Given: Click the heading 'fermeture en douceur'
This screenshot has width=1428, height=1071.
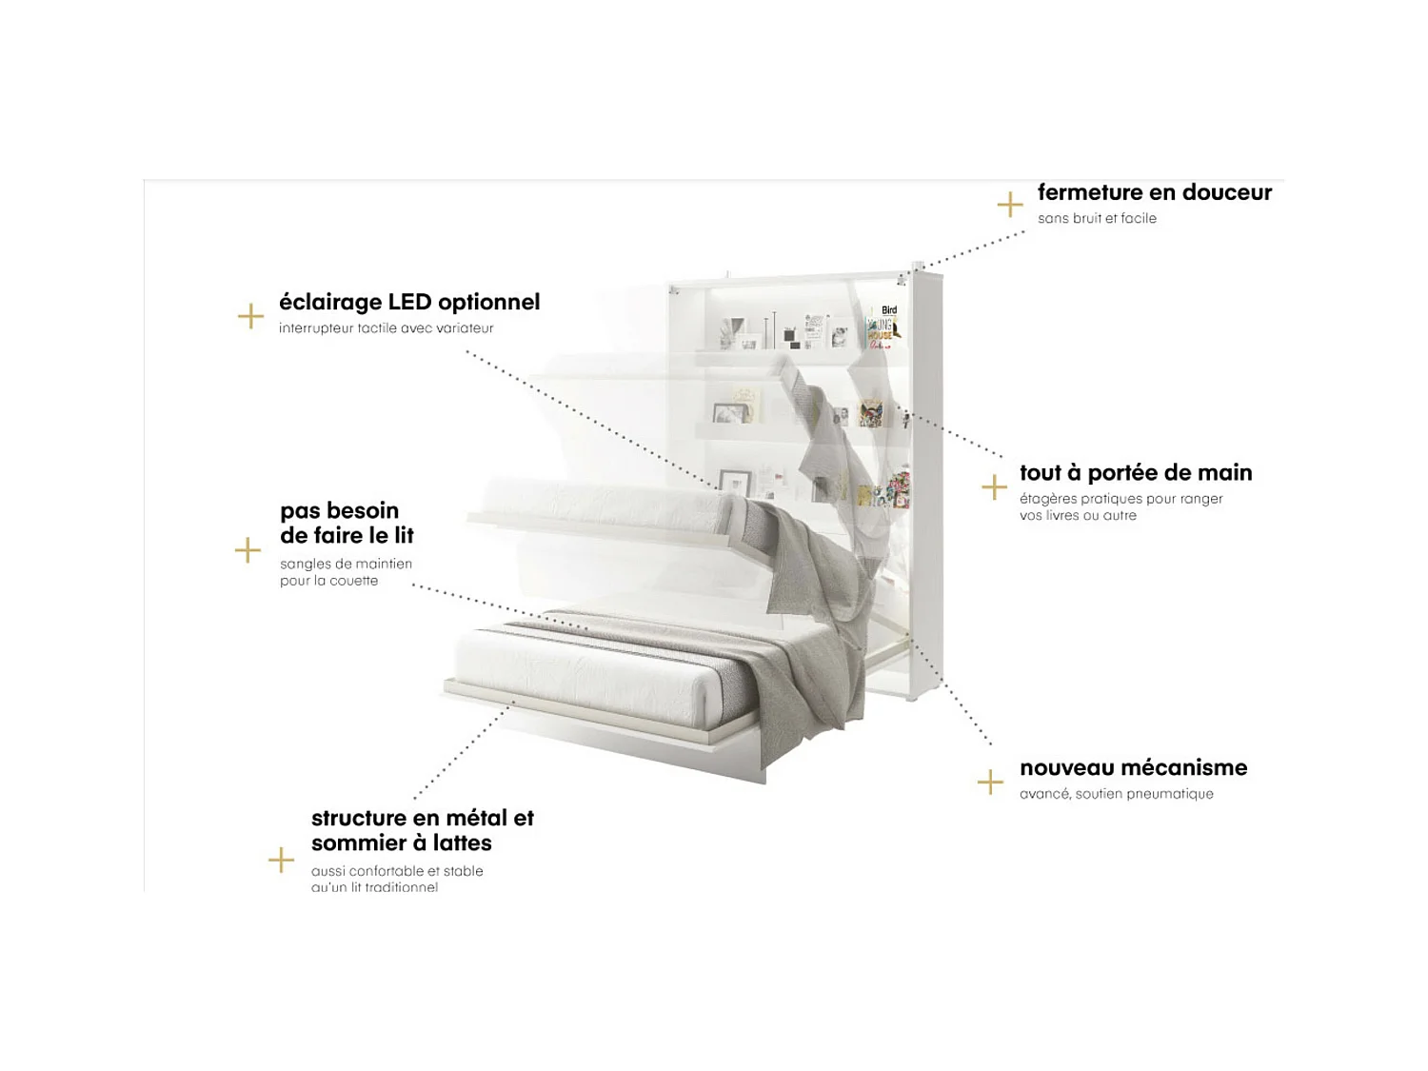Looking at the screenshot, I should tap(1154, 192).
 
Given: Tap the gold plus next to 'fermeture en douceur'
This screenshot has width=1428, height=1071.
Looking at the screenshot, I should tap(1009, 205).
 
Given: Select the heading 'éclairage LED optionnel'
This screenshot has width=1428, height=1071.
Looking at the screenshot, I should tap(408, 302).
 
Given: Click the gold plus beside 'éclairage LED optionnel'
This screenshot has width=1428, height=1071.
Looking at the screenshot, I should tap(250, 316).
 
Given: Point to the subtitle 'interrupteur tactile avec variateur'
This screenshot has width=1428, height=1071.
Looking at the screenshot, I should tap(386, 328).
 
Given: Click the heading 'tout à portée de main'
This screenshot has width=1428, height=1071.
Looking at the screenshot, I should tap(1135, 473).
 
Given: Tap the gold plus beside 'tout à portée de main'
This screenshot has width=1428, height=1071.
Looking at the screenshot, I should tap(994, 487).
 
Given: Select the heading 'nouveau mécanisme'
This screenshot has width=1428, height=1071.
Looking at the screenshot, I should tap(1133, 767).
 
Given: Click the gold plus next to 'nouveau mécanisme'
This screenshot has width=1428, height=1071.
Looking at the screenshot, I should tap(990, 783).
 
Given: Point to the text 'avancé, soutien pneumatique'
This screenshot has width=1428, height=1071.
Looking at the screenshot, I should tap(1116, 794).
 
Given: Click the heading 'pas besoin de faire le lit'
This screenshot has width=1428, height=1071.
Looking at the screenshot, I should tap(347, 523).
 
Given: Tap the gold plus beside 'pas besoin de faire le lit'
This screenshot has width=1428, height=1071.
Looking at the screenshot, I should tap(248, 550).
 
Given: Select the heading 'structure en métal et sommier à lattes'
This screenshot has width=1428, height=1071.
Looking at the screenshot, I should tap(422, 830).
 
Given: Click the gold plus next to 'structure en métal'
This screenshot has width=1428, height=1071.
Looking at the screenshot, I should tap(281, 861).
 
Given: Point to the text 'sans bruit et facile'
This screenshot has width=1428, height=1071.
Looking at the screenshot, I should tap(1097, 219).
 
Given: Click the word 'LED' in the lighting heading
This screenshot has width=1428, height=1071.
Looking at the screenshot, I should tap(410, 302).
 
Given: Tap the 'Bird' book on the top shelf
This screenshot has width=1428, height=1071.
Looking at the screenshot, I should tap(887, 311).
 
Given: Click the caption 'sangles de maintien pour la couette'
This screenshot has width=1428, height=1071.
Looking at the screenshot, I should tap(346, 572).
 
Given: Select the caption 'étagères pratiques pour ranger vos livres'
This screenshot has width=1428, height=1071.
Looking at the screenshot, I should tap(1121, 507).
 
